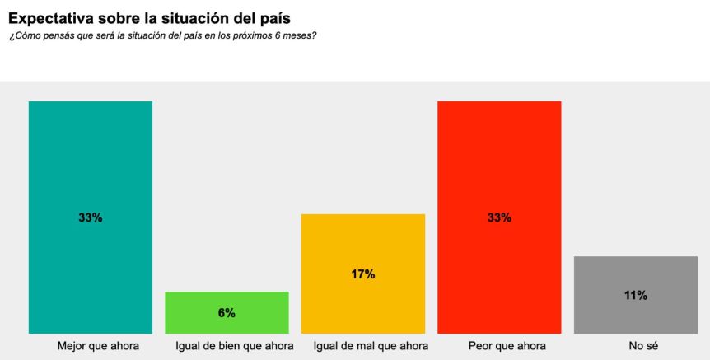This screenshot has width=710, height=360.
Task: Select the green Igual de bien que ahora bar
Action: [227, 325]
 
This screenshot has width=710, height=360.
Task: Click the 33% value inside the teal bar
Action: [91, 218]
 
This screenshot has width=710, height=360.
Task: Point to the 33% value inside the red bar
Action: [499, 218]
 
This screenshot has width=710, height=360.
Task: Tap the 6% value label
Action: [227, 313]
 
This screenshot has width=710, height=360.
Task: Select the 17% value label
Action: [363, 274]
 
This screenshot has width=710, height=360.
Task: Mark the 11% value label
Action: [635, 295]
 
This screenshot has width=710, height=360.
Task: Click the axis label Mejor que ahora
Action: [98, 346]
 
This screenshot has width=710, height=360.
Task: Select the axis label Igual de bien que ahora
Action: [235, 346]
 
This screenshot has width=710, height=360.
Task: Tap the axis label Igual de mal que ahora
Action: [371, 346]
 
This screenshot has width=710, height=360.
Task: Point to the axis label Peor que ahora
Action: [507, 346]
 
